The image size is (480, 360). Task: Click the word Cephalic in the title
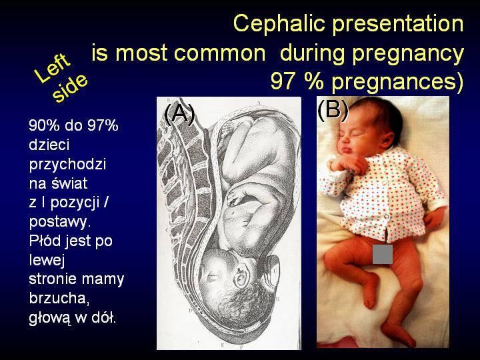click(x=279, y=24)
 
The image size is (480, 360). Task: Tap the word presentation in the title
click(x=397, y=25)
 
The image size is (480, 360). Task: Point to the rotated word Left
click(x=52, y=69)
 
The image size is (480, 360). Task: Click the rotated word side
click(x=70, y=88)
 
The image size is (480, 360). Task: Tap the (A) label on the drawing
click(x=180, y=113)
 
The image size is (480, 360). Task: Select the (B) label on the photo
click(x=333, y=110)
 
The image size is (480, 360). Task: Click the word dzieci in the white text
click(x=49, y=145)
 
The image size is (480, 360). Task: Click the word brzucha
click(x=59, y=298)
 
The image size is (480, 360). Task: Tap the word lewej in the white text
click(x=47, y=259)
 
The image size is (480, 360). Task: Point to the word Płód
click(x=45, y=240)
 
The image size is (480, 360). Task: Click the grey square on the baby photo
click(x=383, y=254)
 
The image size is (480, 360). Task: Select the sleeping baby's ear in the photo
click(x=385, y=139)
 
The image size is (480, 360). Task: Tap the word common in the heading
click(x=219, y=53)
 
